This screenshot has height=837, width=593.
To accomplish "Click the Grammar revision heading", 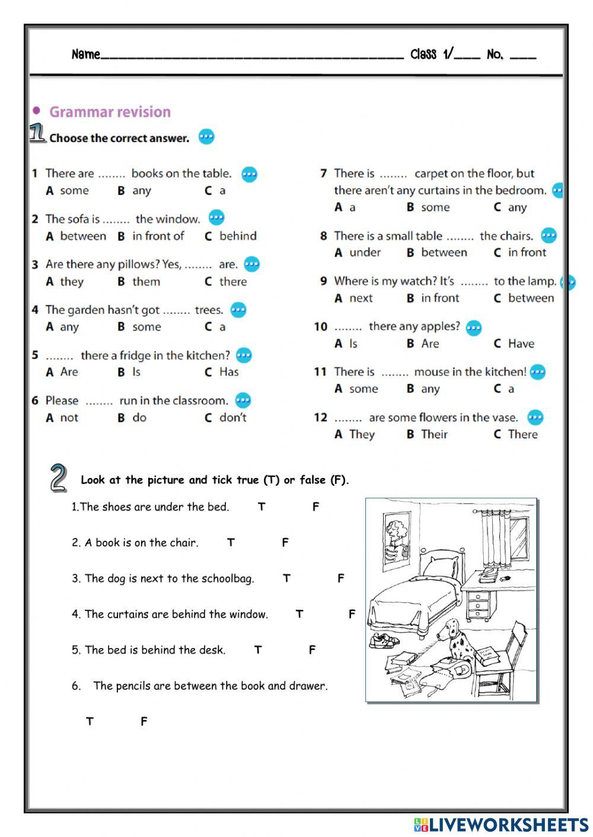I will tap(109, 112).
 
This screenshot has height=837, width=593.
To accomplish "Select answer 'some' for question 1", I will tap(74, 191).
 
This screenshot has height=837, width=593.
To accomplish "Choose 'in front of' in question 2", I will tap(158, 236).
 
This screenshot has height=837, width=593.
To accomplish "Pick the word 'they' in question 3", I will tap(72, 282).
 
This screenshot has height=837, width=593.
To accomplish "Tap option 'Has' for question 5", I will tap(229, 372).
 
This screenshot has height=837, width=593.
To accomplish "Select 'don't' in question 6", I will tap(232, 418).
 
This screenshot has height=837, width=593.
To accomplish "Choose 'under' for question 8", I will tap(365, 253).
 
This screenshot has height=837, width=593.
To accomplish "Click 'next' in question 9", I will tap(361, 299).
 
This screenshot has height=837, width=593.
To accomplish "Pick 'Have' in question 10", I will tap(521, 344).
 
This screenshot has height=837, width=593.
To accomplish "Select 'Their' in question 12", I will tap(434, 435).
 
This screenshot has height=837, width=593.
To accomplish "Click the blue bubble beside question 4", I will tap(238, 310).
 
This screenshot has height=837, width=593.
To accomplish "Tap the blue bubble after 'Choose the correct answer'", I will tap(206, 137).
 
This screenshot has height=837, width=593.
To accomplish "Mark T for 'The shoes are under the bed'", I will tap(262, 507).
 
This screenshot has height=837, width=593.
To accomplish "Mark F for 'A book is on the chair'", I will tap(285, 543).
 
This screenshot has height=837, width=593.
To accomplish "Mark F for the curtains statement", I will tap(352, 614).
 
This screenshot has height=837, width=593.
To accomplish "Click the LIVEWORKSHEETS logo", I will tap(501, 825).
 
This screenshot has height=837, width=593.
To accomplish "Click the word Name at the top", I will tap(85, 55).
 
